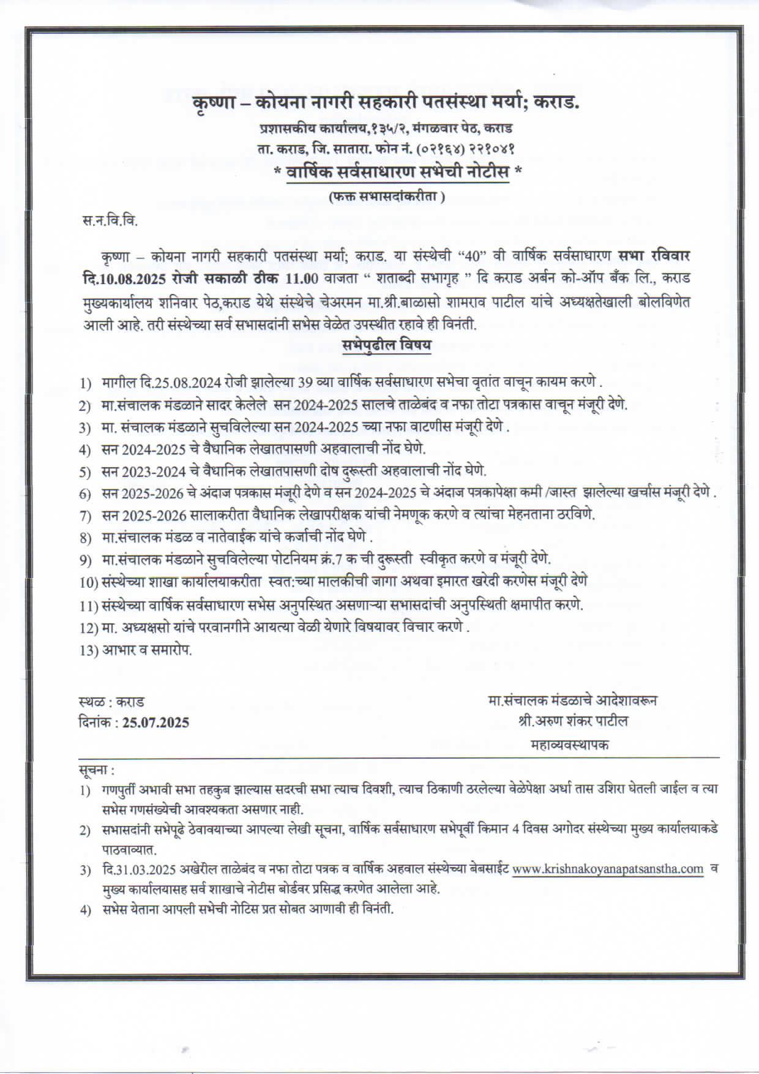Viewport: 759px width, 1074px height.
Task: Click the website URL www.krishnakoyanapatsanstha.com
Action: (608, 869)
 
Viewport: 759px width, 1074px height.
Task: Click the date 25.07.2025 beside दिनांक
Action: (155, 723)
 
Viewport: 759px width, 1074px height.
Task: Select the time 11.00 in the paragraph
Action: (302, 279)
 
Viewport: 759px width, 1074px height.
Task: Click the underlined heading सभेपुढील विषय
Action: (386, 345)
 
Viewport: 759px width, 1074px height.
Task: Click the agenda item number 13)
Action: (89, 650)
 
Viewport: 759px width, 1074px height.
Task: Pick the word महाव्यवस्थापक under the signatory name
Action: (570, 745)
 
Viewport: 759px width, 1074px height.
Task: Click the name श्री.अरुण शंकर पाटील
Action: (572, 721)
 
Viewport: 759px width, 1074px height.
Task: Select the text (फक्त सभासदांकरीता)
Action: (386, 197)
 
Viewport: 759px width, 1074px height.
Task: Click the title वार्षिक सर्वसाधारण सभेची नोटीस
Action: (398, 173)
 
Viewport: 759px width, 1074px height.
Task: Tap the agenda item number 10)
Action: (89, 582)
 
